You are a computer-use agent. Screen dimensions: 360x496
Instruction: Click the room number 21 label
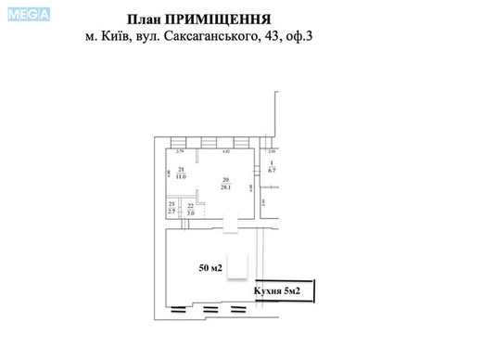pos(182,168)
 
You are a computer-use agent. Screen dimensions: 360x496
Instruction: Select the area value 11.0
pos(182,175)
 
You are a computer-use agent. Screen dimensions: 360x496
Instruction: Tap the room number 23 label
pos(171,204)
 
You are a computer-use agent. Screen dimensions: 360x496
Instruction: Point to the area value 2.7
pos(171,212)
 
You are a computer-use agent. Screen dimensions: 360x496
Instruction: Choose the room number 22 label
pos(191,206)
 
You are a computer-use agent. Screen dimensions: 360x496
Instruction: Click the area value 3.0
pos(191,213)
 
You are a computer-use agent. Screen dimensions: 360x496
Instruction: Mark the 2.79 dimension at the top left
pos(181,150)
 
